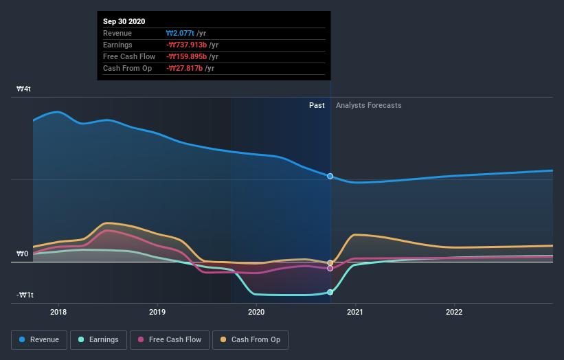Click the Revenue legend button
click(x=40, y=339)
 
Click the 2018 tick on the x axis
click(x=58, y=312)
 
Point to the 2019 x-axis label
click(x=157, y=312)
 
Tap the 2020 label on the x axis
click(x=256, y=312)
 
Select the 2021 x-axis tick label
click(x=355, y=312)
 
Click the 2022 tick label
click(x=454, y=312)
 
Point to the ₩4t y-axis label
click(x=24, y=89)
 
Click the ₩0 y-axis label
click(x=23, y=254)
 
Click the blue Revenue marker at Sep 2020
click(x=330, y=177)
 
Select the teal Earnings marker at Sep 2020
click(x=330, y=292)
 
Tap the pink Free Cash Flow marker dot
click(x=330, y=269)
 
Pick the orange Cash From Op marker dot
click(x=330, y=263)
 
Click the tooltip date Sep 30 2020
click(x=124, y=21)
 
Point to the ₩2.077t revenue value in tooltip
click(x=181, y=33)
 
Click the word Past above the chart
click(x=317, y=105)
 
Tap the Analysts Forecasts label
click(x=369, y=105)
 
